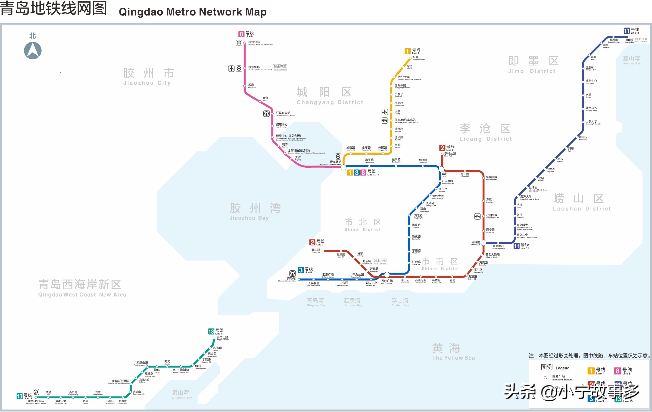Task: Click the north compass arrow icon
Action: click(33, 51)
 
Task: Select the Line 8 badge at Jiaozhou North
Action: click(241, 34)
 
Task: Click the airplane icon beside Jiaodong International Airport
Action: click(231, 69)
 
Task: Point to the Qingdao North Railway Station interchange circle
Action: click(343, 167)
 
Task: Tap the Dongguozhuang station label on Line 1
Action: click(418, 58)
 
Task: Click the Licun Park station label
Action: click(450, 154)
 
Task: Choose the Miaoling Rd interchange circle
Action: click(483, 243)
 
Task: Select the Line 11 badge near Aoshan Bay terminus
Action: click(627, 31)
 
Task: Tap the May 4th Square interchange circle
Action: click(387, 275)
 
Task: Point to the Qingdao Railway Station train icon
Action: click(292, 273)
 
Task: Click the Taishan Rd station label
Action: click(316, 250)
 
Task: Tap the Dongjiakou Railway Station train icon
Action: click(36, 392)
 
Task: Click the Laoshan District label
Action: click(582, 202)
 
